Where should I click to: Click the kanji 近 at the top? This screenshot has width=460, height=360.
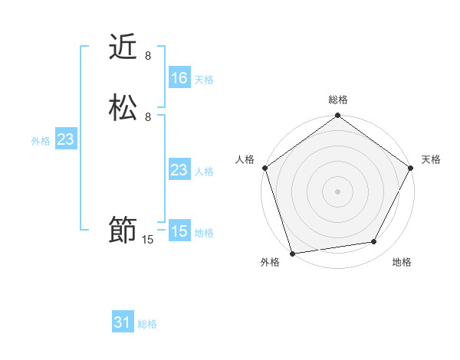point(123,47)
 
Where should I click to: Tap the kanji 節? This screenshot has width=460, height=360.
point(123,231)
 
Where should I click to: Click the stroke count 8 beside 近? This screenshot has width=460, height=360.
point(148,56)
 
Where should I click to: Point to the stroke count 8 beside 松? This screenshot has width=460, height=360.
point(148,117)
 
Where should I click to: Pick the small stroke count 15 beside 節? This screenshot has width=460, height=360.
point(148,240)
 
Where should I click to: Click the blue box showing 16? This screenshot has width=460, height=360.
point(179,78)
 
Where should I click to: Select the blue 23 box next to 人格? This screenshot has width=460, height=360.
point(179,170)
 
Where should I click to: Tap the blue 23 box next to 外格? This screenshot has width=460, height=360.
point(65,139)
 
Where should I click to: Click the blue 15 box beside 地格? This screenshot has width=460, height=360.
point(179,231)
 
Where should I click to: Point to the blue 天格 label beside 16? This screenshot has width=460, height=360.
point(204,80)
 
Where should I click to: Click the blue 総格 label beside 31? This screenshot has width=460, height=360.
point(147,325)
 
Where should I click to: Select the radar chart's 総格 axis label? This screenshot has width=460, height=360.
point(338,100)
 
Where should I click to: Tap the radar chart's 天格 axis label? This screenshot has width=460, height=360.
point(431,159)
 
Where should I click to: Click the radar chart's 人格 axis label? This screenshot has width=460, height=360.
point(245,159)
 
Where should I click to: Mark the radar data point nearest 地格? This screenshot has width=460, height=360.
point(374,242)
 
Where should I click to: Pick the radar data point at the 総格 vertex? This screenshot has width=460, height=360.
point(338,116)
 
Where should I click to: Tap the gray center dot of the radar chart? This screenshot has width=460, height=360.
point(338,191)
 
